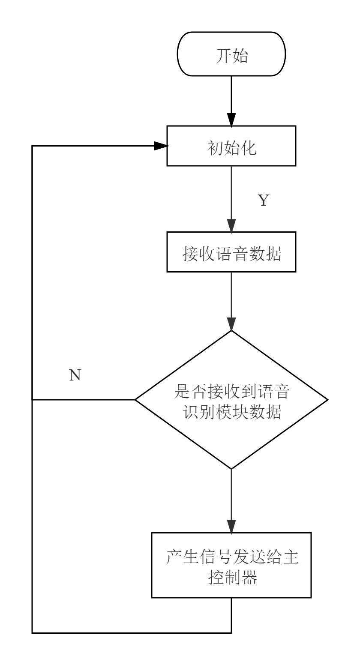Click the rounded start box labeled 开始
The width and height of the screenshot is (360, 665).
(x=231, y=54)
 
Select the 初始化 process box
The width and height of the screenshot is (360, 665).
(x=231, y=146)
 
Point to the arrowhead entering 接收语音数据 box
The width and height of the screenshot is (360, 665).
(x=231, y=226)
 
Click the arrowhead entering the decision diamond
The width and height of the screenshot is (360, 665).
(x=231, y=324)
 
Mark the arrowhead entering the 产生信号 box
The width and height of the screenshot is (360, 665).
(x=231, y=527)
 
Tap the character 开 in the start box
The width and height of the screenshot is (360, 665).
(x=223, y=56)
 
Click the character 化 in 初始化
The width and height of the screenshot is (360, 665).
(x=248, y=148)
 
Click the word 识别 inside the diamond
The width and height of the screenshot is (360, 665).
(x=198, y=412)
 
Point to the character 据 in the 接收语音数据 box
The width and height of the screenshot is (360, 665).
(x=273, y=254)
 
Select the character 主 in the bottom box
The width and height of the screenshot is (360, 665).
(x=290, y=557)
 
